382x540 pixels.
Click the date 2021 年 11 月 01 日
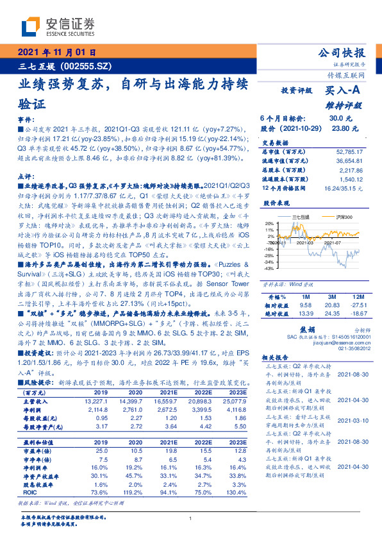click(57, 53)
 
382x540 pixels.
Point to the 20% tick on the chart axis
click(269, 223)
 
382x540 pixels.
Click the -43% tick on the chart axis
click(269, 269)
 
